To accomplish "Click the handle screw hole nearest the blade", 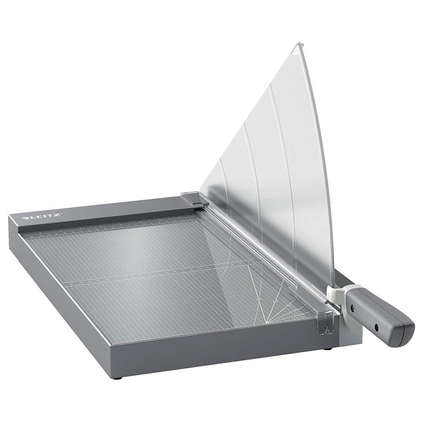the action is [x=352, y=307].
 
